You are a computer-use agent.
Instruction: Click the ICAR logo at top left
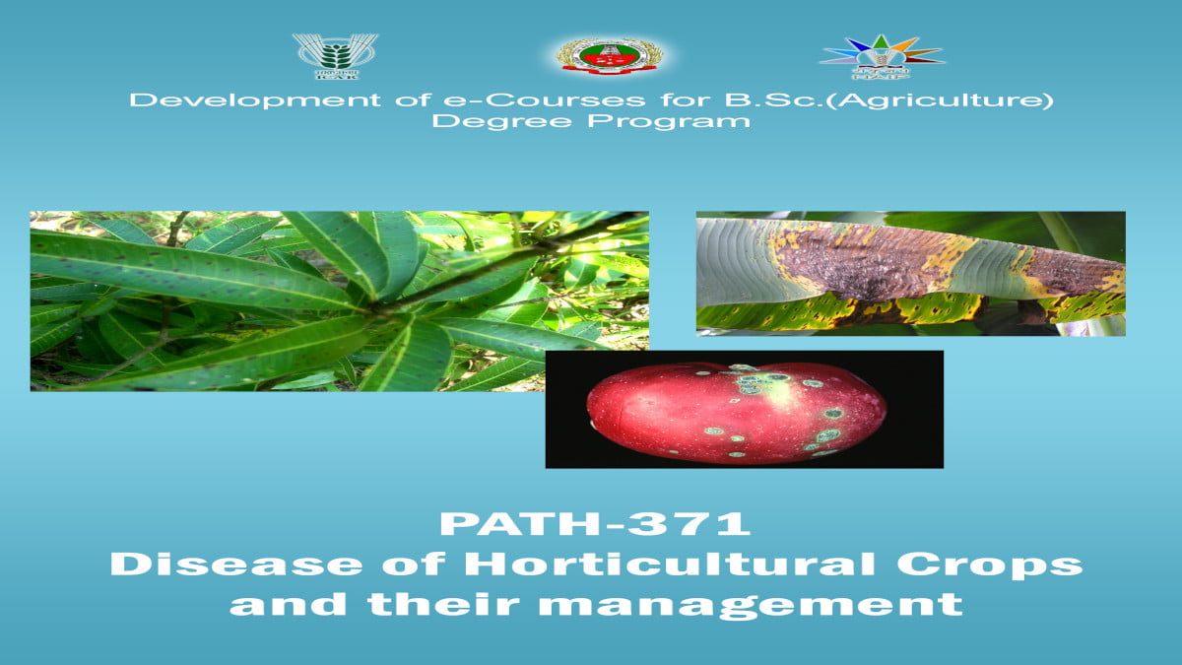(x=335, y=55)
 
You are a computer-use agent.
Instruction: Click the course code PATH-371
(x=595, y=523)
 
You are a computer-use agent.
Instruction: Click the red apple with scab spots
(x=737, y=411)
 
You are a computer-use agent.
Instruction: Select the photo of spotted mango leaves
(x=339, y=300)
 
